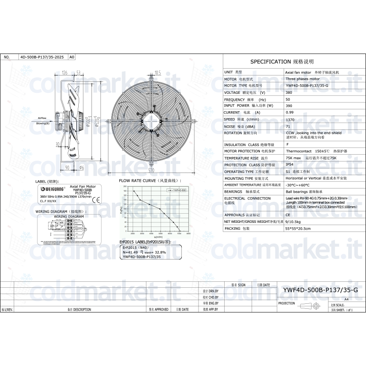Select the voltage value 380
pyautogui.click(x=289, y=92)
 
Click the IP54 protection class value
pyautogui.click(x=290, y=164)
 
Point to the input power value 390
pyautogui.click(x=289, y=106)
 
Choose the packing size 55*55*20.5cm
pyautogui.click(x=298, y=228)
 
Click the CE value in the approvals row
pyautogui.click(x=288, y=214)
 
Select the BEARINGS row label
pyautogui.click(x=233, y=192)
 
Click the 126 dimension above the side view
pyautogui.click(x=65, y=72)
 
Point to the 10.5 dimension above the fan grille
pyautogui.click(x=158, y=72)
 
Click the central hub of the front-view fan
pyautogui.click(x=151, y=120)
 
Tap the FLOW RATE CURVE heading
pyautogui.click(x=147, y=181)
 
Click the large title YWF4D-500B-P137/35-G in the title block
pyautogui.click(x=320, y=290)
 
